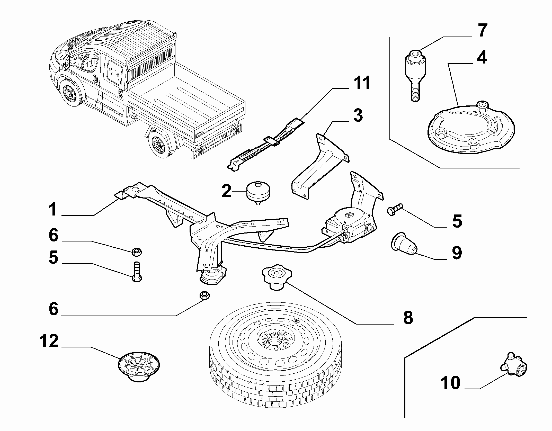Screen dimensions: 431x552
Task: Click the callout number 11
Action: pyautogui.click(x=361, y=83)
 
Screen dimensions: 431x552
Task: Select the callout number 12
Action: pyautogui.click(x=49, y=341)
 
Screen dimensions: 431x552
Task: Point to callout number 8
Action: pyautogui.click(x=408, y=317)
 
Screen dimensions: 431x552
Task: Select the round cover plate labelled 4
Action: pyautogui.click(x=471, y=130)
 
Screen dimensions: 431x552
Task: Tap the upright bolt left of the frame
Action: pyautogui.click(x=137, y=272)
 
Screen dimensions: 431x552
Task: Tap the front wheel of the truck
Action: pyautogui.click(x=70, y=92)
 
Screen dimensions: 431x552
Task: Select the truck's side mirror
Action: pyautogui.click(x=66, y=63)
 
